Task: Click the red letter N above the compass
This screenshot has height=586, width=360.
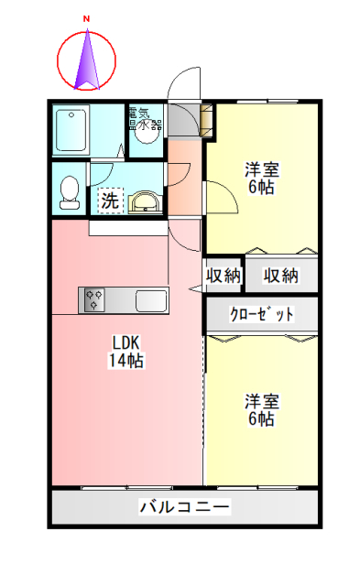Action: click(87, 18)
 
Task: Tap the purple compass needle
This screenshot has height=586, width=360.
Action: click(88, 60)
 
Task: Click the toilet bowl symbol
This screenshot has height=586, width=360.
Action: click(68, 190)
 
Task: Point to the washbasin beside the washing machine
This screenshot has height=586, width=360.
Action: click(143, 201)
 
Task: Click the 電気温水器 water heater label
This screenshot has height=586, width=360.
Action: click(145, 118)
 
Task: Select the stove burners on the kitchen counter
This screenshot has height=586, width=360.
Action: click(94, 298)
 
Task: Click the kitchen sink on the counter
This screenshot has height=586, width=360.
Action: click(150, 299)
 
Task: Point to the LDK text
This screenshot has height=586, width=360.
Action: click(125, 342)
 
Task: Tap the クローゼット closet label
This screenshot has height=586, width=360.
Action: click(262, 314)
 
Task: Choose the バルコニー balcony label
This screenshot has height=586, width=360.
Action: click(184, 506)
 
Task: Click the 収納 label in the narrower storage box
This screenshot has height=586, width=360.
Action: click(223, 275)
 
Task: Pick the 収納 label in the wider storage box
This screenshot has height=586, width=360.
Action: click(280, 275)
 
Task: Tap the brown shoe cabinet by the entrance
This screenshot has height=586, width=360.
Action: click(206, 120)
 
